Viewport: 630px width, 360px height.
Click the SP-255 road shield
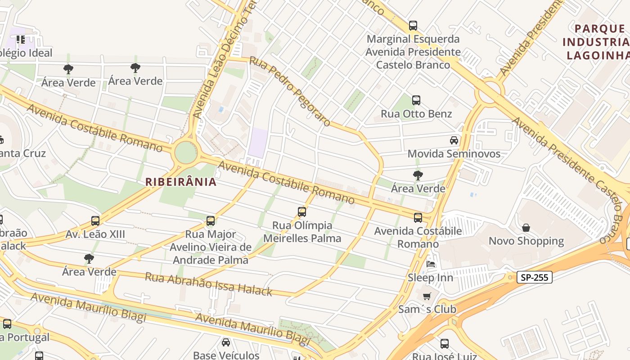point(534,277)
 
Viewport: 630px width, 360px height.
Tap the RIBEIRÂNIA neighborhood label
point(181,182)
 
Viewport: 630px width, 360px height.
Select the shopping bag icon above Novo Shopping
point(526,228)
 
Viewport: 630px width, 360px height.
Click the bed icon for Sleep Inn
point(431,264)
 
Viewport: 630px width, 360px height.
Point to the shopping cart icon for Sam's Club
point(427,296)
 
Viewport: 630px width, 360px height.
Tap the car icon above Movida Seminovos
point(454,140)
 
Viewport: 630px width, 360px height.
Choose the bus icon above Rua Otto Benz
point(416,100)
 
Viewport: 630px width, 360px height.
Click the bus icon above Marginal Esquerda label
point(413,26)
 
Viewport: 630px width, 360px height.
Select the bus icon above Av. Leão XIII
point(95,221)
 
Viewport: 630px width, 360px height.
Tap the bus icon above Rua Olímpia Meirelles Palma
point(302,212)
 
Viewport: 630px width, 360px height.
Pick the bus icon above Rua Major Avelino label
point(210,221)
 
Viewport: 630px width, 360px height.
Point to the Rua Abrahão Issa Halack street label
point(208,284)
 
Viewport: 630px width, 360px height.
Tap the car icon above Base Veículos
point(226,342)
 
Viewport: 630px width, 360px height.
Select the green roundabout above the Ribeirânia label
point(185,153)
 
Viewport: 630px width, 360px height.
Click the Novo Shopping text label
point(526,241)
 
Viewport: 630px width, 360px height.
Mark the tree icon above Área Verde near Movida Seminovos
point(418,175)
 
